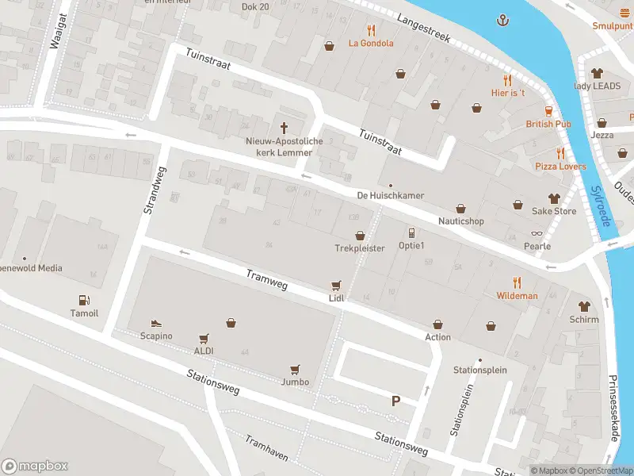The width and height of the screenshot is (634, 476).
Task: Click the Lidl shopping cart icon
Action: pos(337,285)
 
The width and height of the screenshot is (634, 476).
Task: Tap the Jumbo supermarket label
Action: pos(295,382)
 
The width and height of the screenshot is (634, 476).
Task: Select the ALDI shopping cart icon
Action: pos(204,338)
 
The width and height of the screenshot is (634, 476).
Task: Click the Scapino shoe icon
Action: pos(156,324)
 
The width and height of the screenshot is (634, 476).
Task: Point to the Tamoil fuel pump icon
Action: pos(84,300)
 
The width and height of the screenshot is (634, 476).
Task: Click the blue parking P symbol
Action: pos(395,401)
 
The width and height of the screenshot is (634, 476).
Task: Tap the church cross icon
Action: pos(284,128)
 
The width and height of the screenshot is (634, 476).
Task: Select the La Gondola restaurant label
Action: pos(371,43)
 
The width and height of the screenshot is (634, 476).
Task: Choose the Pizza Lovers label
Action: pos(560,167)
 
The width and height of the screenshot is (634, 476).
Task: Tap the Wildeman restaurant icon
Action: pos(517,282)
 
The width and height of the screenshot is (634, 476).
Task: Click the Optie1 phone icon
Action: pos(411,232)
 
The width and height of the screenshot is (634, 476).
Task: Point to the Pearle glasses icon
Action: pos(537,233)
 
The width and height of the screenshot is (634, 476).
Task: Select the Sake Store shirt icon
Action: pos(554,198)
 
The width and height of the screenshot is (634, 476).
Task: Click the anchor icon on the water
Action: pos(502,19)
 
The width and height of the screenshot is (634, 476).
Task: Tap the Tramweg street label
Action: pos(266,277)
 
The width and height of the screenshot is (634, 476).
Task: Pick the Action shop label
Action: pos(437,337)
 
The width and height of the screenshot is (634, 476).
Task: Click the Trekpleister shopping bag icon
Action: pos(360,236)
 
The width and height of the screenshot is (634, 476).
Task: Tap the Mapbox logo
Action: pos(35,466)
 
